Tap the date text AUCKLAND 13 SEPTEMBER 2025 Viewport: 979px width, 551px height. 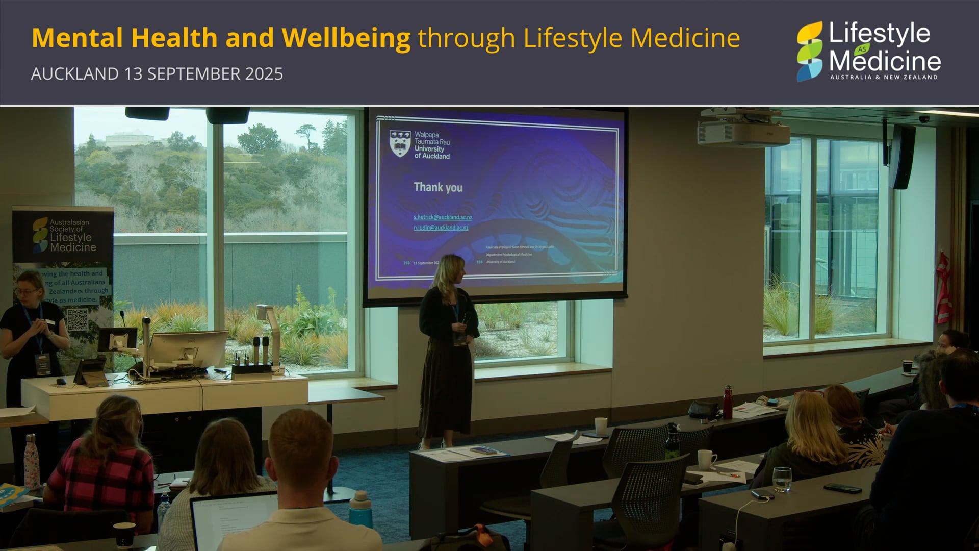[157, 74]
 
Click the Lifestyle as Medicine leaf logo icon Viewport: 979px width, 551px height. [810, 51]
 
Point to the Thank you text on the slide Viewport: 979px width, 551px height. [438, 187]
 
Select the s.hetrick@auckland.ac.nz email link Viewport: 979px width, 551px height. [443, 217]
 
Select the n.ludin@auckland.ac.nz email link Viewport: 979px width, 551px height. [441, 228]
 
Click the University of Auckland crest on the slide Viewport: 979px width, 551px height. [400, 143]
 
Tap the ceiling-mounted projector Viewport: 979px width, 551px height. [743, 131]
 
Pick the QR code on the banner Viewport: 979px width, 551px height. [77, 319]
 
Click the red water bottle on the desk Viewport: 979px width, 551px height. [728, 403]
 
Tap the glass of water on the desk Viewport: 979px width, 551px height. [781, 479]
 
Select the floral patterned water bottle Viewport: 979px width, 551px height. [32, 462]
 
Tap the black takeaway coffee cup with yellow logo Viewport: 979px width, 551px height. [124, 535]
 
